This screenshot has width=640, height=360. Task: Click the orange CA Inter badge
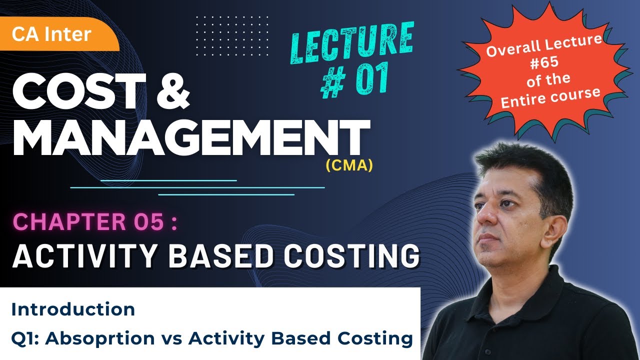(x=52, y=34)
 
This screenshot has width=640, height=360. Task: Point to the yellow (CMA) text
(x=349, y=165)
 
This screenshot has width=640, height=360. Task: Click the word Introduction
(x=73, y=309)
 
